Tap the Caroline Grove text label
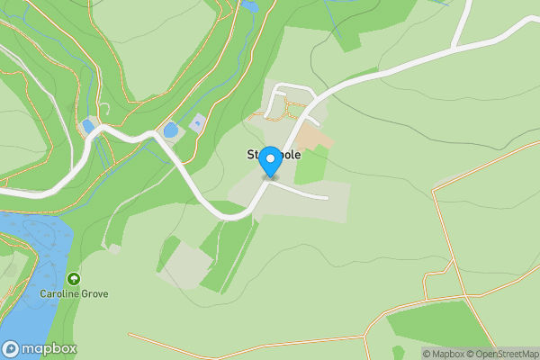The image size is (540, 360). coord(73,293)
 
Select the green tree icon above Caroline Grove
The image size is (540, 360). coord(73,280)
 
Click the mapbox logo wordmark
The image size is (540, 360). coord(47,348)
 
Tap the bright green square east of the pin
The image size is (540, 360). coord(310,166)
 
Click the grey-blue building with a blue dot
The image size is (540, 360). coord(197,122)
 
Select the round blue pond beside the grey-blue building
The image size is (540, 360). coord(170,130)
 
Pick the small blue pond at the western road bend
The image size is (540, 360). coord(88,126)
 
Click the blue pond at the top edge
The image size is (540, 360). coord(249,5)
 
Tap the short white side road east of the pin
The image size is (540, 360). coord(306,192)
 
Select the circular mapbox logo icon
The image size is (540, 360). coord(11,348)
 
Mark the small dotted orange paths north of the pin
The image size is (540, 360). coord(279,111)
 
